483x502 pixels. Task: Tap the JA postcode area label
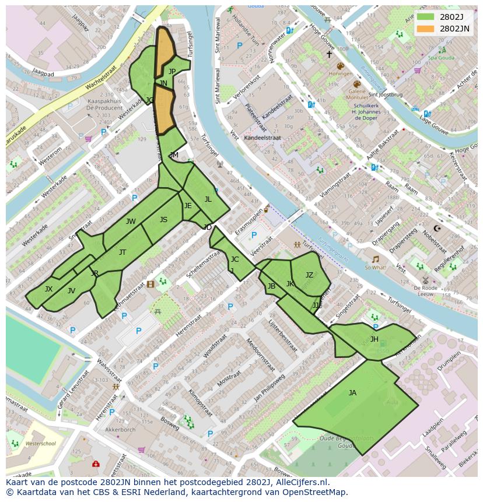(352, 393)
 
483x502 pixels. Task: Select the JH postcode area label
(374, 339)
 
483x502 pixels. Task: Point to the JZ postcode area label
(310, 275)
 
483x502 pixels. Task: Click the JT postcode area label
(123, 252)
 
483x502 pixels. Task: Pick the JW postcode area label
(131, 222)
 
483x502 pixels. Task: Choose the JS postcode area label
(163, 220)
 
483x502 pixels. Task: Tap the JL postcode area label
(208, 199)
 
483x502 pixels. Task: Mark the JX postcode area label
(48, 289)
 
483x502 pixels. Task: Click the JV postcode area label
(71, 291)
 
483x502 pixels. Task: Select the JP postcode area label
(172, 72)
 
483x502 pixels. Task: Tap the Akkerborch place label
(120, 430)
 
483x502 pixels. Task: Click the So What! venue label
(375, 268)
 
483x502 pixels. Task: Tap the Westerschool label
(41, 444)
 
